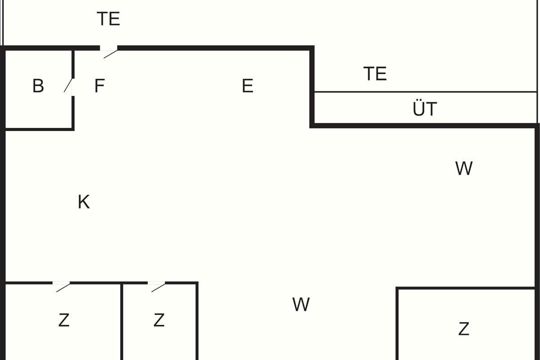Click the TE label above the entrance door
pos(108,19)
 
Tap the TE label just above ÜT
pos(375,73)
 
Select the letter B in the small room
pos(38,85)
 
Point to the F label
pos(99,85)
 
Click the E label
pos(247,85)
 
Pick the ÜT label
pos(425,109)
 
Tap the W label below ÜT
pos(463,168)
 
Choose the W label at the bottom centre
pos(301,305)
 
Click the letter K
pos(84,202)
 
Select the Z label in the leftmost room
pos(64,320)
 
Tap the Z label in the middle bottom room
pos(159,320)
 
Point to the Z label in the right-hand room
pos(463,329)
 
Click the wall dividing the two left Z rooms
pos(122,322)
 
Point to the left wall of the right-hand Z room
pos(397,324)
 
